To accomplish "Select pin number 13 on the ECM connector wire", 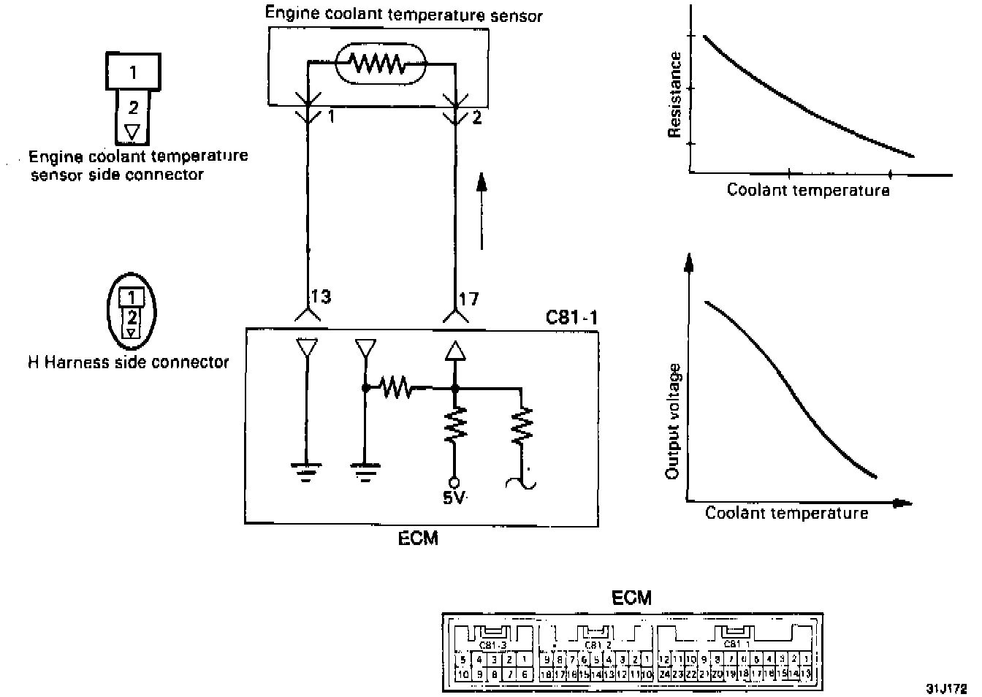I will click(321, 297).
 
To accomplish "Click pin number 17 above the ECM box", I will click(468, 298).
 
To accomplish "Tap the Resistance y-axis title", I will click(675, 95).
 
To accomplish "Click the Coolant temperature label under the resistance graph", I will click(808, 191).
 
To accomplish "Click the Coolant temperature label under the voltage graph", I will click(786, 514).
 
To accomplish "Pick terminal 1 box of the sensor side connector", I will click(133, 72).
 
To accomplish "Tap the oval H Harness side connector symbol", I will click(132, 311).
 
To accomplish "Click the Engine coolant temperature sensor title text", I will click(403, 14).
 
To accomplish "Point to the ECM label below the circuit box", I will click(419, 538).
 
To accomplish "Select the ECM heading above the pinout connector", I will click(631, 598).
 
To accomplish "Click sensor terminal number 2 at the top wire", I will click(477, 117).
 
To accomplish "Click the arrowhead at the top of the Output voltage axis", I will click(688, 262).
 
